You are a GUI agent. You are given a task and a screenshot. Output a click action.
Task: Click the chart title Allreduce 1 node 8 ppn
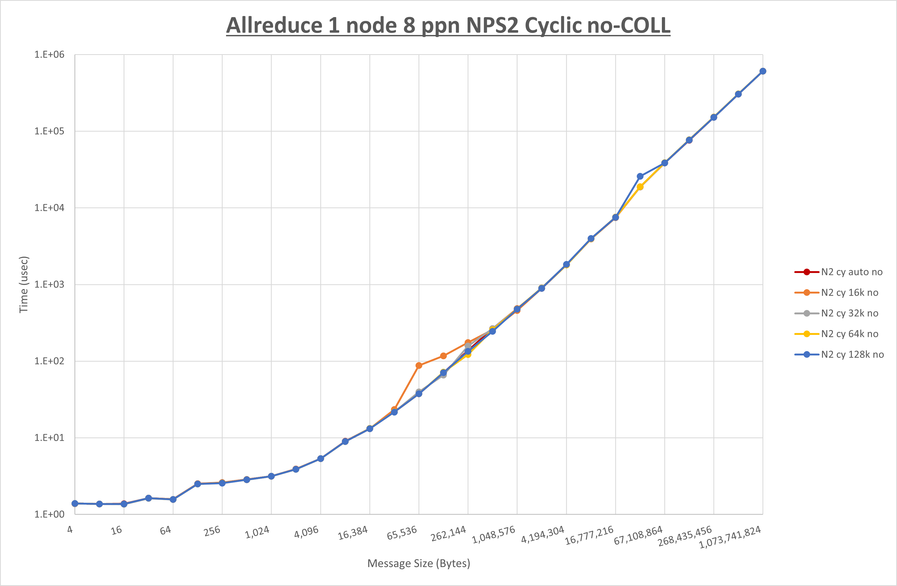click(x=448, y=26)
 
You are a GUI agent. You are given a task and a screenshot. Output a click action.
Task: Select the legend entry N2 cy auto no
click(x=851, y=272)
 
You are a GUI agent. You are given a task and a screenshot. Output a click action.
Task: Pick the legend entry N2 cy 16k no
click(x=849, y=293)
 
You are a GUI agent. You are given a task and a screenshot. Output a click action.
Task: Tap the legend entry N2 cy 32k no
click(x=849, y=313)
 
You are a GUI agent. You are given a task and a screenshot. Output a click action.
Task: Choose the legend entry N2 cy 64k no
click(x=849, y=334)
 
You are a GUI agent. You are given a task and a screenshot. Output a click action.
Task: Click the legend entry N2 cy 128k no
click(x=852, y=355)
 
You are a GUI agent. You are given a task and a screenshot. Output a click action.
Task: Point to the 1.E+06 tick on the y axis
click(x=49, y=55)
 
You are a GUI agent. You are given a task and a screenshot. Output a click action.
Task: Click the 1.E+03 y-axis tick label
click(x=49, y=284)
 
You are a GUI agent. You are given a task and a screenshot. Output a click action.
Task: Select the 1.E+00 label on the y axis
click(x=49, y=514)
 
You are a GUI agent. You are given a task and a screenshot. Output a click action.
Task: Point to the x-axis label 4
click(x=70, y=529)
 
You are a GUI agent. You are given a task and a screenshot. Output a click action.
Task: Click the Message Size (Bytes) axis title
click(x=419, y=563)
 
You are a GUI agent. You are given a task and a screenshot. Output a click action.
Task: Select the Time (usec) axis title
click(x=23, y=284)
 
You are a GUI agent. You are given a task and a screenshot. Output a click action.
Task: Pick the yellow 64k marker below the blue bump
click(x=640, y=187)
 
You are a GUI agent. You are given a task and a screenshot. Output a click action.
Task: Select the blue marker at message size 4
click(x=75, y=504)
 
